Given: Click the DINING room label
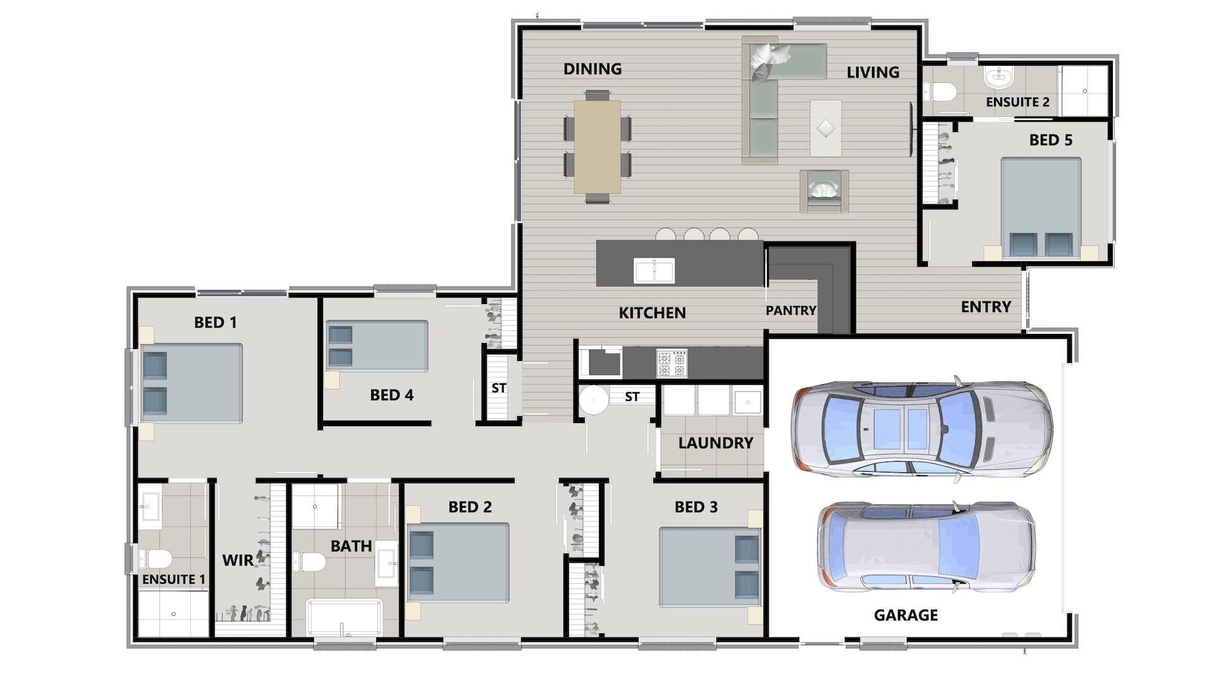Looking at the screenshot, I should click(592, 69).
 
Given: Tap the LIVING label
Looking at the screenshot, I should click(873, 72).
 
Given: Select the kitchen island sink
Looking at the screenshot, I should click(654, 271).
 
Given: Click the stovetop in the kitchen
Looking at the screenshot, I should click(671, 363).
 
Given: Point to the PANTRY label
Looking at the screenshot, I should click(790, 311).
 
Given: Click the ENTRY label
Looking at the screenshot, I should click(986, 307).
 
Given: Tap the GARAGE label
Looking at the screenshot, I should click(905, 615).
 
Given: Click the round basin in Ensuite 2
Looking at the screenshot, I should click(998, 77).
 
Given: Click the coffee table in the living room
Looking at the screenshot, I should click(826, 128).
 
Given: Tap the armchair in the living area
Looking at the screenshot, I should click(823, 190).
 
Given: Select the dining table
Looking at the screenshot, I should click(597, 146).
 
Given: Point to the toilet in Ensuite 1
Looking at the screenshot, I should click(156, 559).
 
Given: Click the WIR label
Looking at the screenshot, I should click(238, 560).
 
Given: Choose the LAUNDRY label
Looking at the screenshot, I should click(715, 443).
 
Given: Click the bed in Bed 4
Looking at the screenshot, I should click(377, 345).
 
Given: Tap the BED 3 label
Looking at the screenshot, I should click(696, 507).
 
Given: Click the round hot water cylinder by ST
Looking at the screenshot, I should click(594, 400).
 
